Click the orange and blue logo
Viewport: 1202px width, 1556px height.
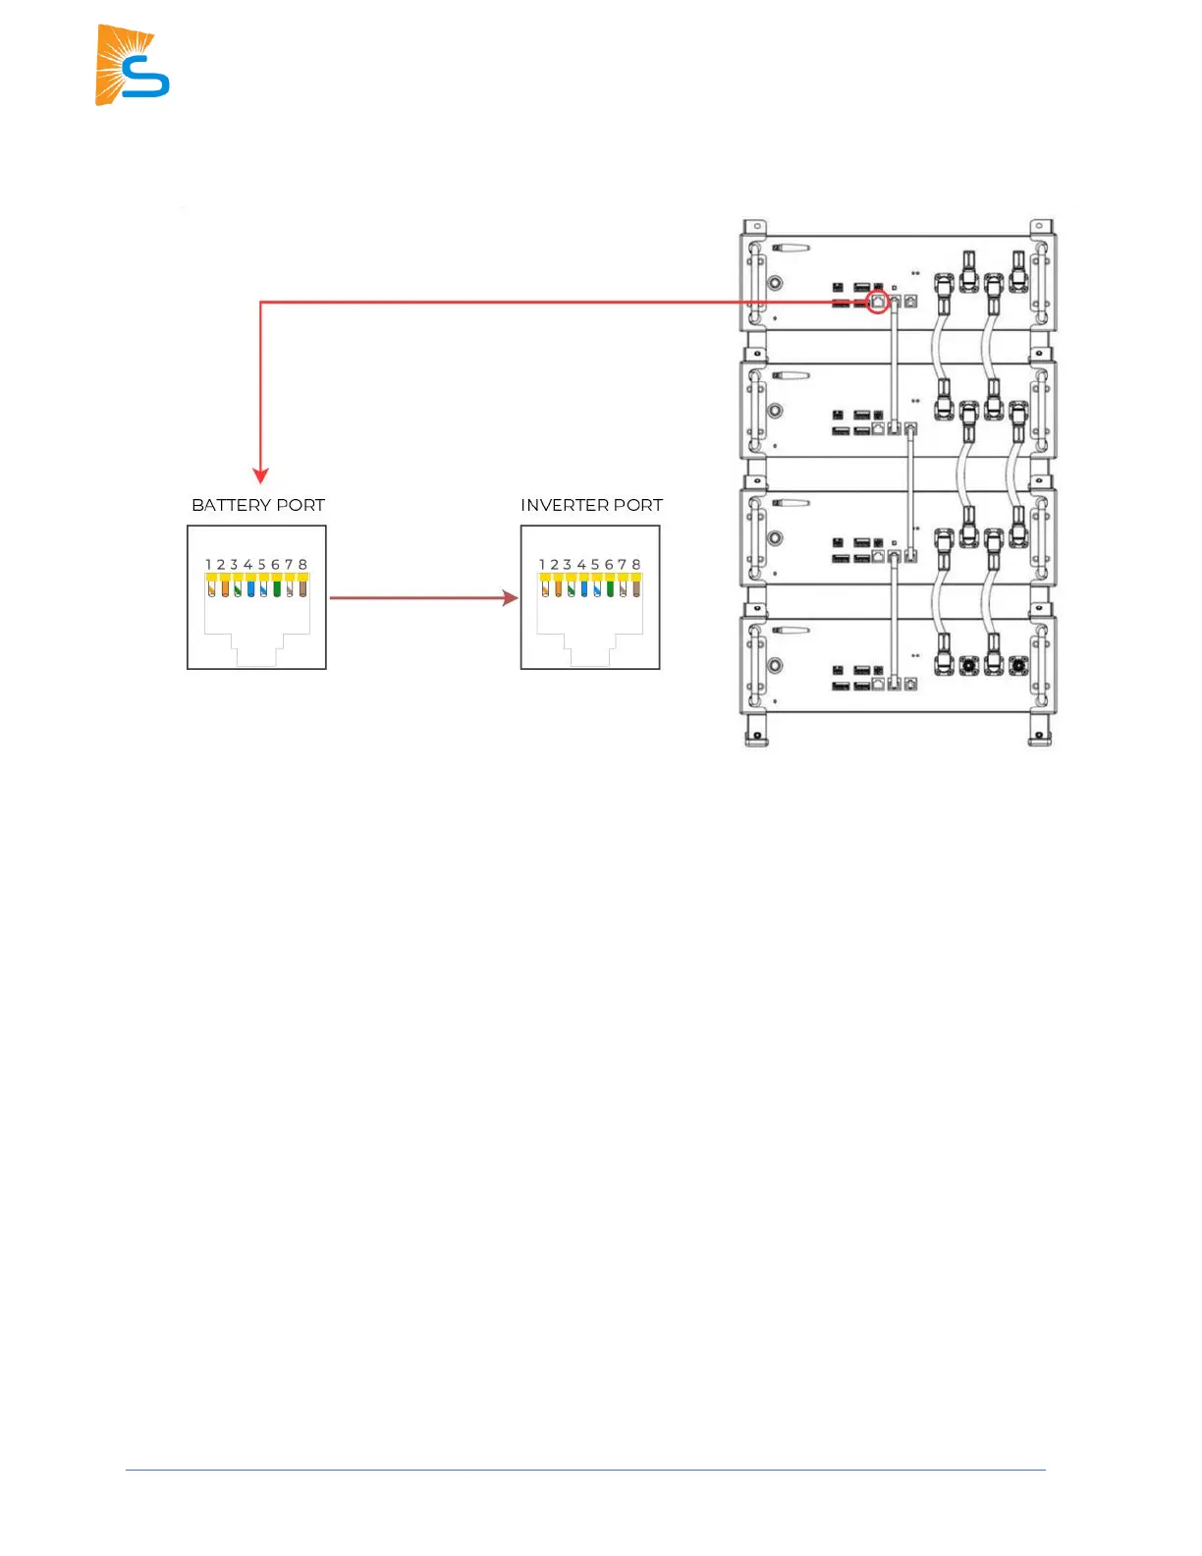(133, 65)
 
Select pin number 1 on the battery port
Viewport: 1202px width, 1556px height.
(209, 565)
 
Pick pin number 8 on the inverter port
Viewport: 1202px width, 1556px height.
(636, 565)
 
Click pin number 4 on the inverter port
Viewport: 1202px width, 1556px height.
(581, 565)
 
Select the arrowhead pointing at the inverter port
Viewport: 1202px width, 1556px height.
(510, 597)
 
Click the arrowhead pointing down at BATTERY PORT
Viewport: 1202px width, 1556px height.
(260, 475)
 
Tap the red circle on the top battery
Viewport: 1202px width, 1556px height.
(878, 302)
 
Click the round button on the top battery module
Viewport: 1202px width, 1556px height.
(775, 283)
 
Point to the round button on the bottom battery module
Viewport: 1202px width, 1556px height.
(775, 666)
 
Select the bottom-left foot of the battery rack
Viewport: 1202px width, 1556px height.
(755, 732)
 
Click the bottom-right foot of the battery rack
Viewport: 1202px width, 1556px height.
(1040, 732)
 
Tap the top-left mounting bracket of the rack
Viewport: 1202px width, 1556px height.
(754, 227)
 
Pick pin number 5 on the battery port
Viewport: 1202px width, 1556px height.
(262, 565)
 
